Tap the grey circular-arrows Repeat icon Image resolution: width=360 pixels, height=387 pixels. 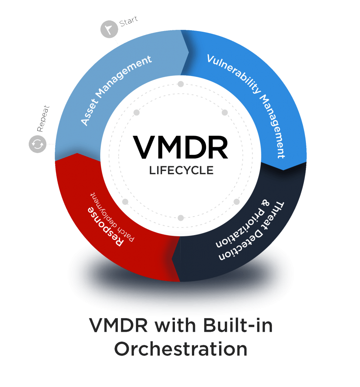(x=37, y=144)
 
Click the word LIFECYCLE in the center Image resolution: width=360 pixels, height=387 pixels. (x=181, y=170)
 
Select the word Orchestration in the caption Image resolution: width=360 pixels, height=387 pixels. (x=181, y=349)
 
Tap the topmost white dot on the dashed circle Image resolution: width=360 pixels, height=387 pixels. (x=181, y=84)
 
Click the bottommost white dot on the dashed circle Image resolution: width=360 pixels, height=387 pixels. (x=181, y=218)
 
